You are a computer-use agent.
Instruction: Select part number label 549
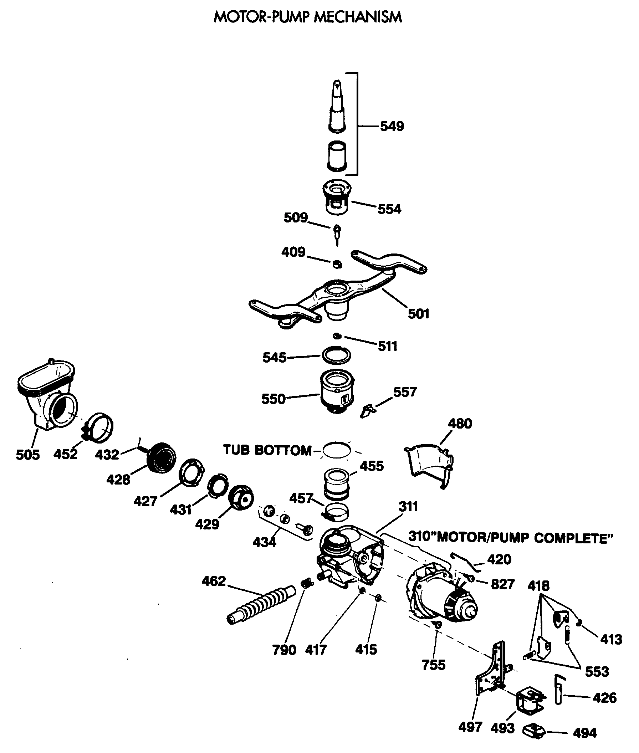click(x=392, y=127)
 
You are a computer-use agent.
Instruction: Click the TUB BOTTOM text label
click(x=267, y=450)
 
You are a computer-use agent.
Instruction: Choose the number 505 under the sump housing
click(x=27, y=455)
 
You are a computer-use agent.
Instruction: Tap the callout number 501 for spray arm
click(x=418, y=314)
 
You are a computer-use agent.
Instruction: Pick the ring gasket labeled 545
click(x=337, y=355)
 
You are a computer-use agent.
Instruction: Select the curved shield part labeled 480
click(x=429, y=465)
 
